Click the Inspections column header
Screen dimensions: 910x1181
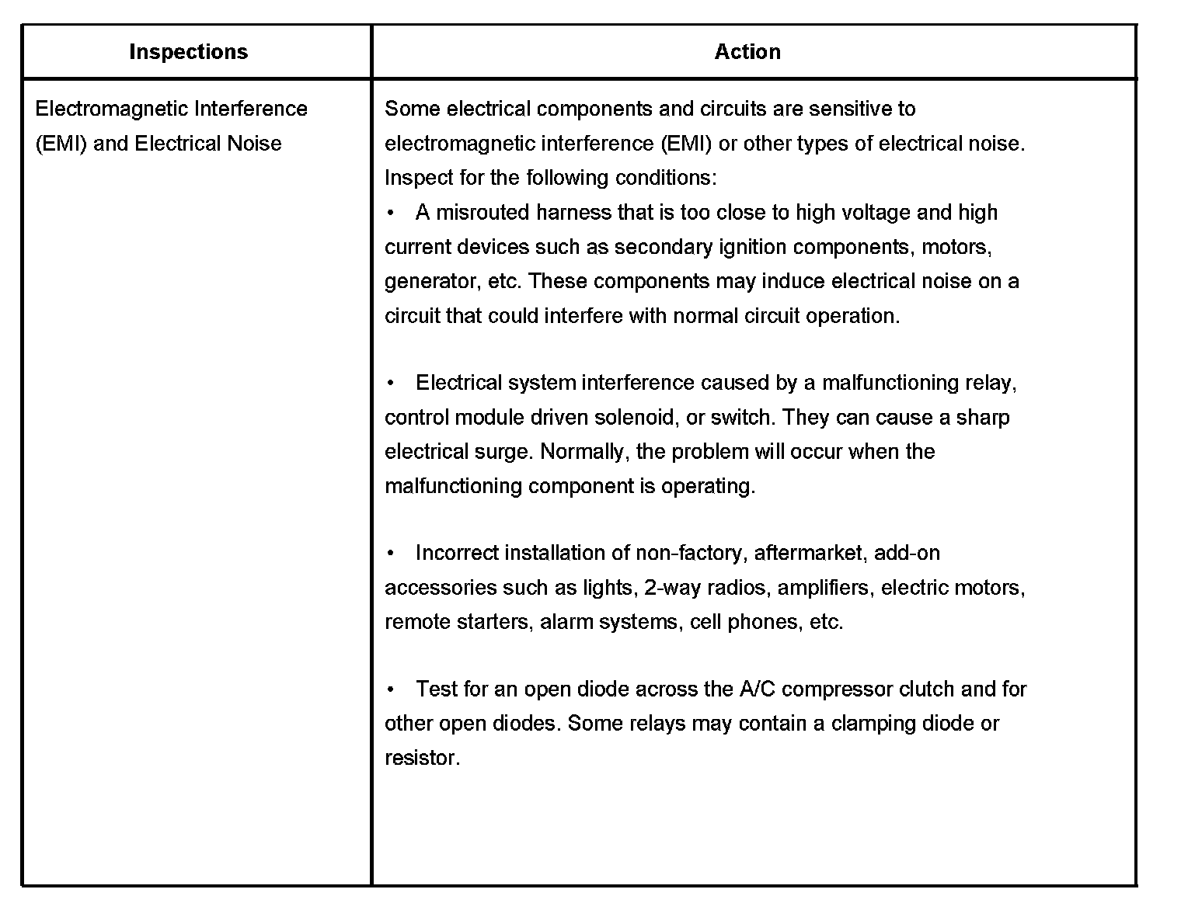(188, 52)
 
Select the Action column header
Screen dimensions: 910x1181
(747, 52)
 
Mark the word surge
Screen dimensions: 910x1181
(504, 452)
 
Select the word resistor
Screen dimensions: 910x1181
(422, 758)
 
